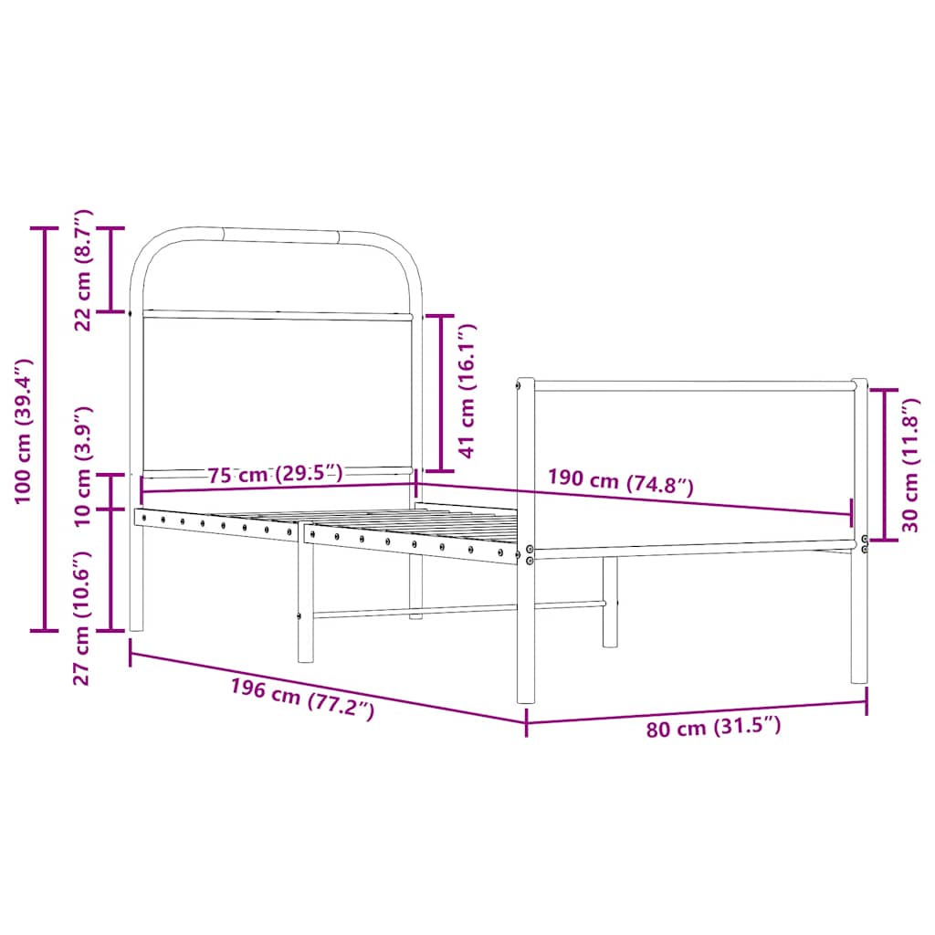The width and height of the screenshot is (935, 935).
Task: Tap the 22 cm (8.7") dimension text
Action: click(x=83, y=269)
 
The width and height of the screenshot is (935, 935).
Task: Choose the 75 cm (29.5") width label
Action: click(x=275, y=474)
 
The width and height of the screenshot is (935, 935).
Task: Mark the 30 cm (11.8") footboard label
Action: click(x=910, y=465)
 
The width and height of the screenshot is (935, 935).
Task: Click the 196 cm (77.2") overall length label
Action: click(x=302, y=699)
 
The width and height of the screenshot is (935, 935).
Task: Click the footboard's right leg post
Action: click(x=859, y=621)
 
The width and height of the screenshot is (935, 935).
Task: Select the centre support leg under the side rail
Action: click(x=305, y=603)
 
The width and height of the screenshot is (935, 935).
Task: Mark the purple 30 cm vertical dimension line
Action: click(x=884, y=465)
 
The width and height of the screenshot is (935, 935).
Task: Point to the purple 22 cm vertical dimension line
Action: click(x=111, y=269)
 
